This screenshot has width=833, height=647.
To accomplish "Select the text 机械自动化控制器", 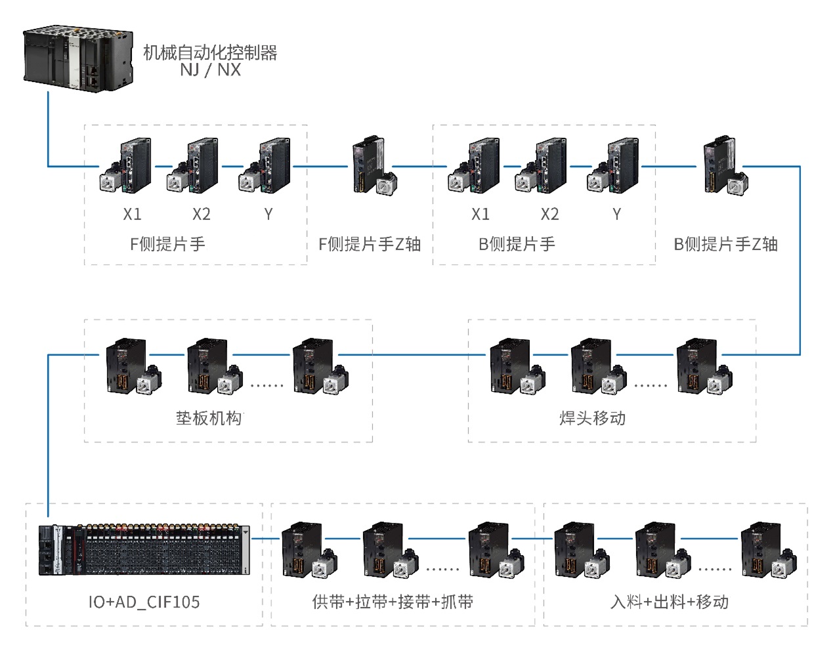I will (x=210, y=52).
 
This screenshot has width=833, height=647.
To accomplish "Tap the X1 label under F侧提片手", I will (x=132, y=214).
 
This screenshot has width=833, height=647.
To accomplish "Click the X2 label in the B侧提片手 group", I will (x=549, y=214).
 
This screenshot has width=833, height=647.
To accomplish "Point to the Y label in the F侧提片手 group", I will (x=268, y=214).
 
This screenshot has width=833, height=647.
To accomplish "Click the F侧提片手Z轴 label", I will (x=369, y=244).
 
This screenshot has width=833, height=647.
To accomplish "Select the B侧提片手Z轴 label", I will (x=725, y=244).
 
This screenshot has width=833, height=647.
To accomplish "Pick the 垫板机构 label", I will (x=209, y=418).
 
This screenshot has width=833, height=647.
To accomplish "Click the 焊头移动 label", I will (x=592, y=418).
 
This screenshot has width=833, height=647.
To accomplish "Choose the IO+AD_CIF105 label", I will (x=144, y=602).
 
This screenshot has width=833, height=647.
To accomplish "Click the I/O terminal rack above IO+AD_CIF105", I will (x=144, y=550).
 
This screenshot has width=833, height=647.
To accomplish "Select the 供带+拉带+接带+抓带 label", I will (x=393, y=602).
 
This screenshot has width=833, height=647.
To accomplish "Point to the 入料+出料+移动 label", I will (x=670, y=602).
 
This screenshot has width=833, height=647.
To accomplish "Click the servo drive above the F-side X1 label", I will (x=127, y=166).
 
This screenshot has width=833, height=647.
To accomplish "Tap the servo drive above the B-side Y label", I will (x=613, y=166).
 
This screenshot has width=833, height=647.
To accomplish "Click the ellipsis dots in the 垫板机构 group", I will (x=267, y=385).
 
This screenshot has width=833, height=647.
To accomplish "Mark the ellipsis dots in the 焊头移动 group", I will (x=651, y=385).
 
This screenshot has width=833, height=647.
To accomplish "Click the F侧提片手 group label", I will (x=167, y=244).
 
